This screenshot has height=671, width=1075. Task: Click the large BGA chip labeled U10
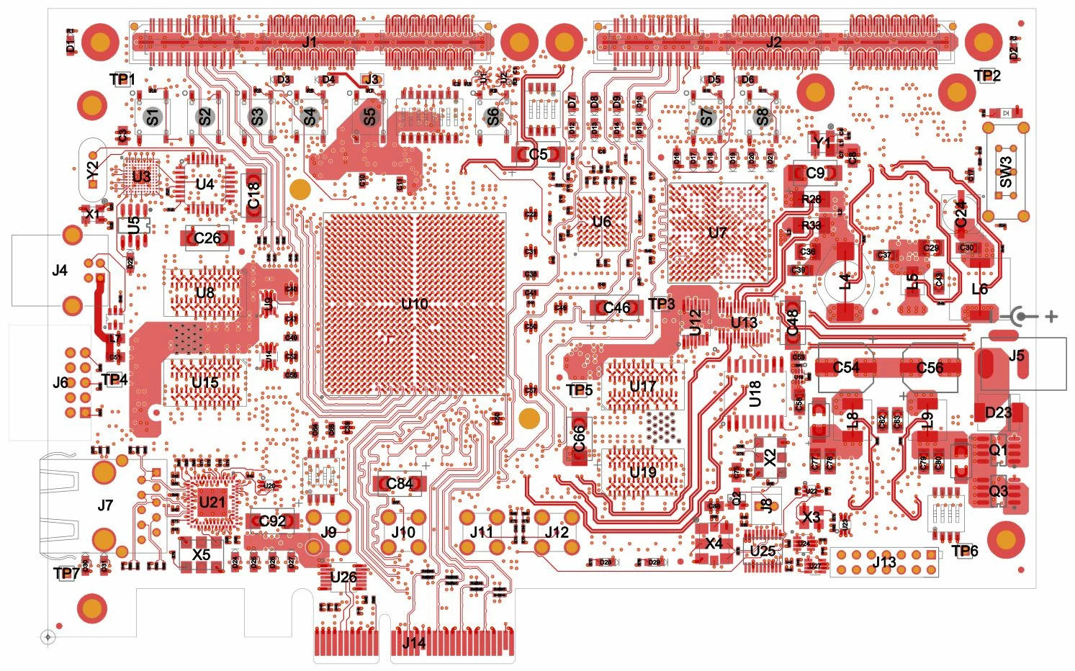click(x=414, y=304)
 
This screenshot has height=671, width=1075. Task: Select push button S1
click(x=152, y=117)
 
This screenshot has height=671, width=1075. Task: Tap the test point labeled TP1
click(x=122, y=79)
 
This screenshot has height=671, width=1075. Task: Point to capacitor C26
click(x=207, y=238)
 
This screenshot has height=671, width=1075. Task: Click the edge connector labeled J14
click(x=415, y=643)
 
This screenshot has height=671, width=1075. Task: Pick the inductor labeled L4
click(x=845, y=281)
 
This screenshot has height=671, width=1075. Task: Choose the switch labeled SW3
click(x=1006, y=172)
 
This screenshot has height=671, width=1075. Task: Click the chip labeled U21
click(x=212, y=502)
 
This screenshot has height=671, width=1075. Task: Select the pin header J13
click(x=884, y=562)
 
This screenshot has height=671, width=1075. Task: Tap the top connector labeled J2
click(x=774, y=42)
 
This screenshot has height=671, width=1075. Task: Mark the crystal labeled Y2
click(x=92, y=171)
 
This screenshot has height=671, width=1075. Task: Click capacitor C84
click(x=399, y=484)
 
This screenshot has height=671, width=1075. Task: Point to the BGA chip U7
click(x=717, y=233)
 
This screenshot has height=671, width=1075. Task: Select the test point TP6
click(x=965, y=551)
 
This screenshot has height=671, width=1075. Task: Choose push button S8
click(x=762, y=117)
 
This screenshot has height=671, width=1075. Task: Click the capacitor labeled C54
click(x=846, y=368)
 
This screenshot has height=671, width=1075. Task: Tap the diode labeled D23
click(x=998, y=413)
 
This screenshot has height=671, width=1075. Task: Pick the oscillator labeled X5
click(x=201, y=554)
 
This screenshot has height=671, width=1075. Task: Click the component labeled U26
click(x=343, y=577)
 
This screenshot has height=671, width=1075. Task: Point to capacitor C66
click(x=580, y=438)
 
